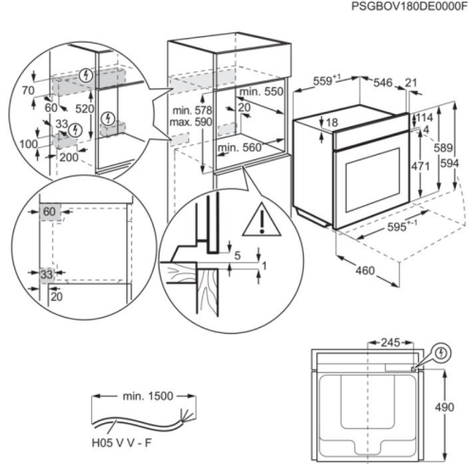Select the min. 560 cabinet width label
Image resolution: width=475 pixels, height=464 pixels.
pos(237,148)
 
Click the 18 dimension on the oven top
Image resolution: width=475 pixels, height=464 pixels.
pos(332,122)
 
